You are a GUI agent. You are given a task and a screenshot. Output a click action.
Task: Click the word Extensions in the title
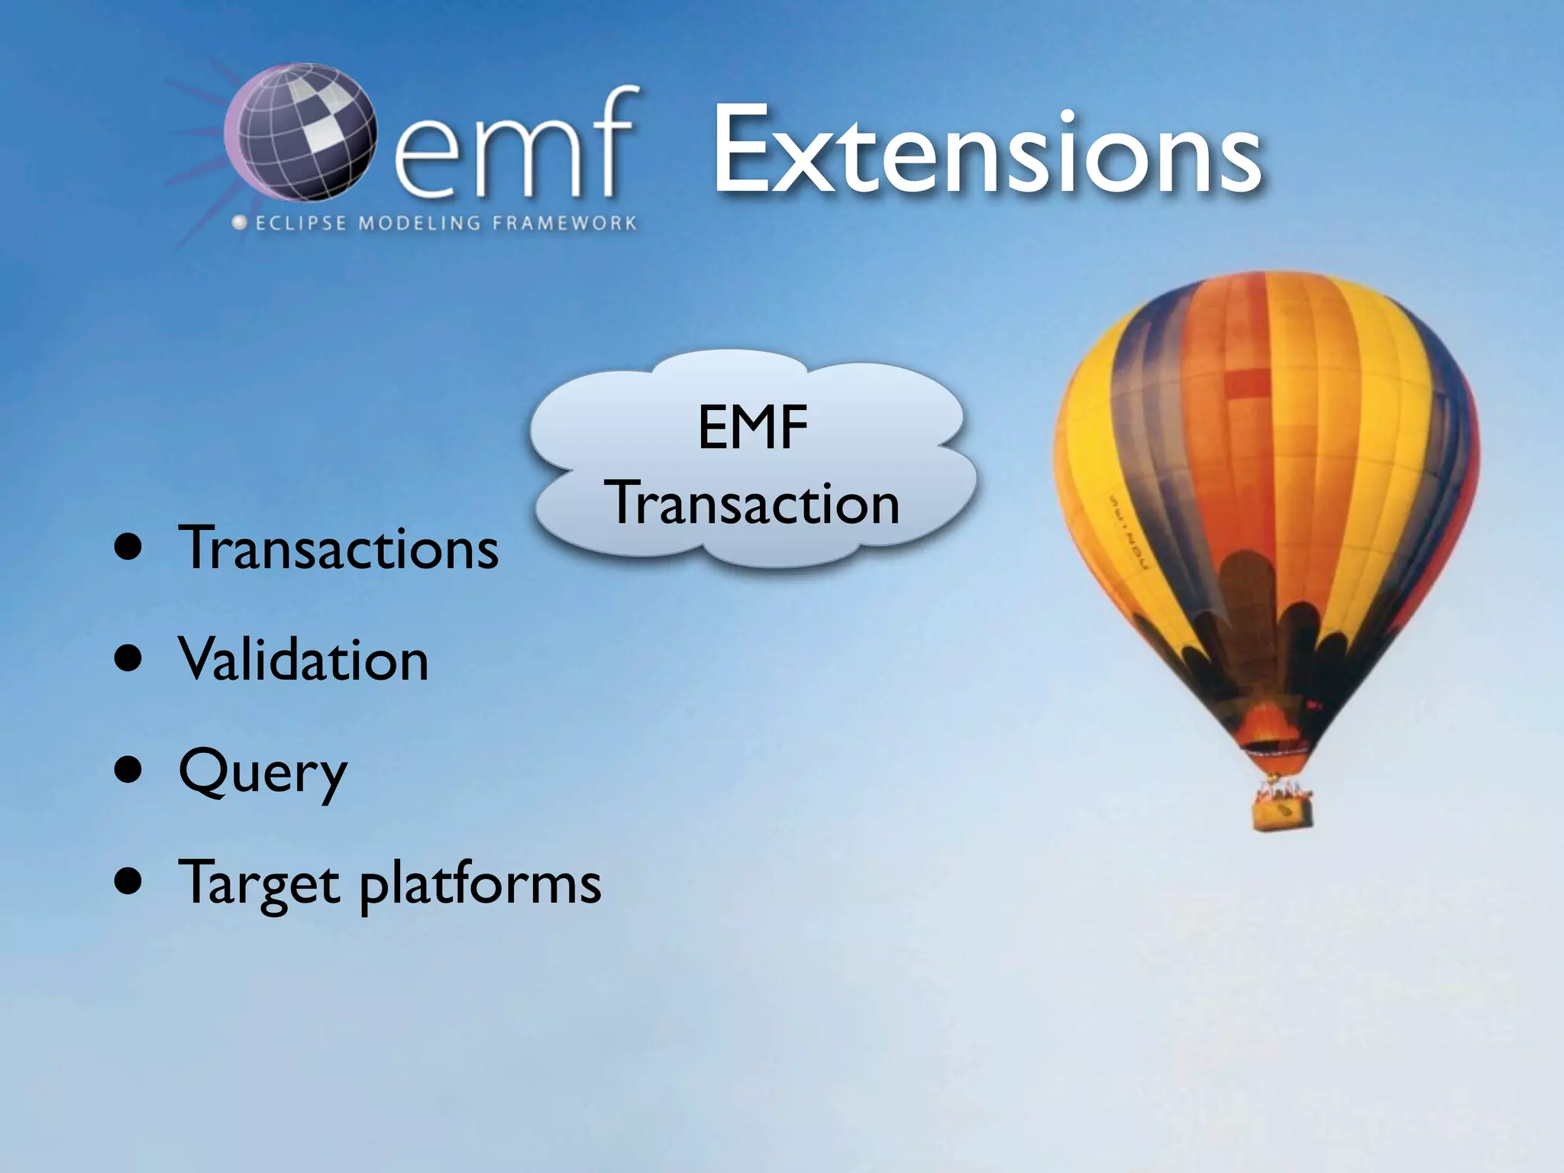tap(985, 153)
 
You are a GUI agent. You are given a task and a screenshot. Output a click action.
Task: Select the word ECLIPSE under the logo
tap(301, 224)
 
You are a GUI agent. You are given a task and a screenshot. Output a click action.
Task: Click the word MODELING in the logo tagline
tap(419, 224)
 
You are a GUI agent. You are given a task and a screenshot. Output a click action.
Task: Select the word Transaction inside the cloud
tap(752, 504)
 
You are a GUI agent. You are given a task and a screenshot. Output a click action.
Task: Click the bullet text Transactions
tap(338, 548)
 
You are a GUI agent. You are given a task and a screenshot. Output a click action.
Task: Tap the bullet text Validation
tap(303, 661)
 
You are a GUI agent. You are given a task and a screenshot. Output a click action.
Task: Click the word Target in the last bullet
tap(258, 884)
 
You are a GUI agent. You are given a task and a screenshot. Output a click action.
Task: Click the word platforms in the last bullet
tap(480, 884)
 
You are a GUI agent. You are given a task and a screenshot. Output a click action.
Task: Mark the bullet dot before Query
tap(128, 771)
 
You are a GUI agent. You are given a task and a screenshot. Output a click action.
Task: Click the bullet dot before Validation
tap(128, 658)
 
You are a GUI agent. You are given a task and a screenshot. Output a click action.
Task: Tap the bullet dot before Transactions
tap(128, 547)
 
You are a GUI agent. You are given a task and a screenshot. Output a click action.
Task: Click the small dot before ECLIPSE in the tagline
tap(240, 223)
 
